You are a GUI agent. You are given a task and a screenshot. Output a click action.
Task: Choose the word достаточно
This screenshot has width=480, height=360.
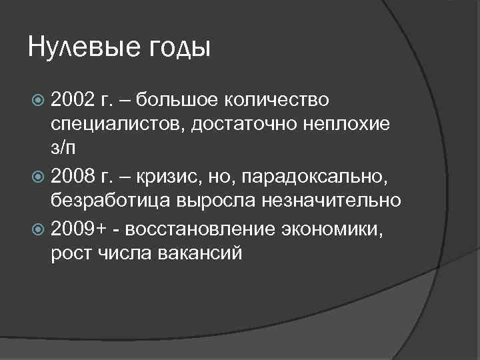[x=250, y=125]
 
